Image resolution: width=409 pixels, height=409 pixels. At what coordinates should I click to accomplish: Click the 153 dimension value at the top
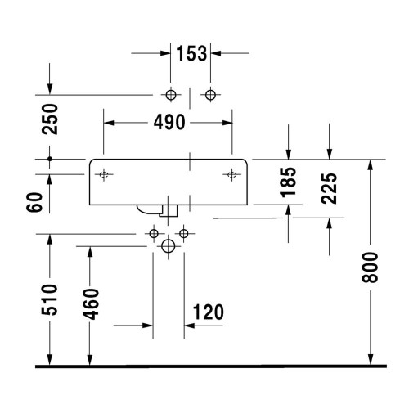click(x=191, y=54)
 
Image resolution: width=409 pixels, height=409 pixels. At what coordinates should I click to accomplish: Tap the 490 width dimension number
click(x=169, y=123)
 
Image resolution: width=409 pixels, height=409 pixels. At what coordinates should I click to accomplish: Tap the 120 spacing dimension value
click(x=209, y=312)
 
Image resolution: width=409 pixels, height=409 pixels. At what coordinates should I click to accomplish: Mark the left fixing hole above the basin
click(x=171, y=94)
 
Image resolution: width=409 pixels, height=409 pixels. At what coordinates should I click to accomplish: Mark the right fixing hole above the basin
click(x=210, y=94)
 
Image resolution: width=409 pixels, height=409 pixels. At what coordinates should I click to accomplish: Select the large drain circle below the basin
click(x=169, y=245)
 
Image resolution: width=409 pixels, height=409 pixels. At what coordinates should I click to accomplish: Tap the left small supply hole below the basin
click(x=153, y=235)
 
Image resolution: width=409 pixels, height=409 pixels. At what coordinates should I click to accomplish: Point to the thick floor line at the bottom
click(x=204, y=366)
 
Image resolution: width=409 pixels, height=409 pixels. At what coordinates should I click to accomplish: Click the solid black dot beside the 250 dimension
click(x=50, y=158)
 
